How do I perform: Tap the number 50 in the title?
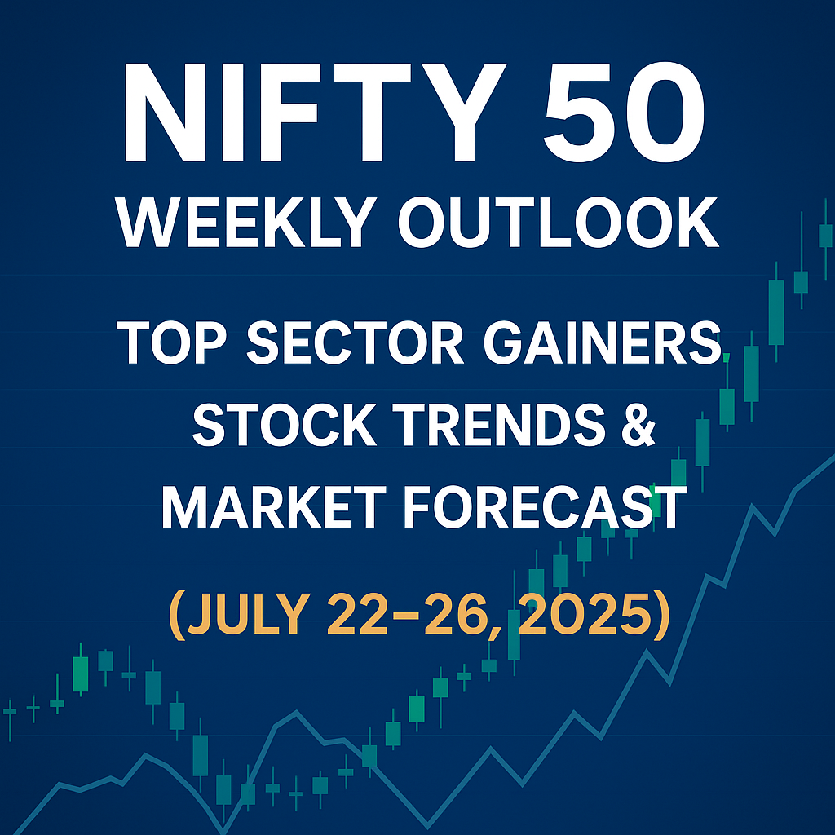(x=625, y=113)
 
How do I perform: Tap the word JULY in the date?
(x=249, y=612)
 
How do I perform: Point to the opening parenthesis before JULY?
(x=177, y=615)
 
